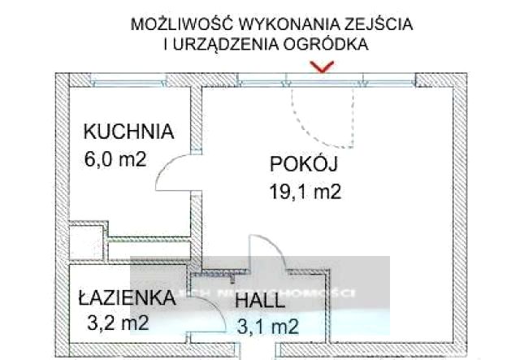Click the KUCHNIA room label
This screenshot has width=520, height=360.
pyautogui.click(x=129, y=131)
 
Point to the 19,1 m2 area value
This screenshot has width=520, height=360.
pyautogui.click(x=303, y=193)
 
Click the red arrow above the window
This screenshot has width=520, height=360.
pyautogui.click(x=324, y=69)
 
